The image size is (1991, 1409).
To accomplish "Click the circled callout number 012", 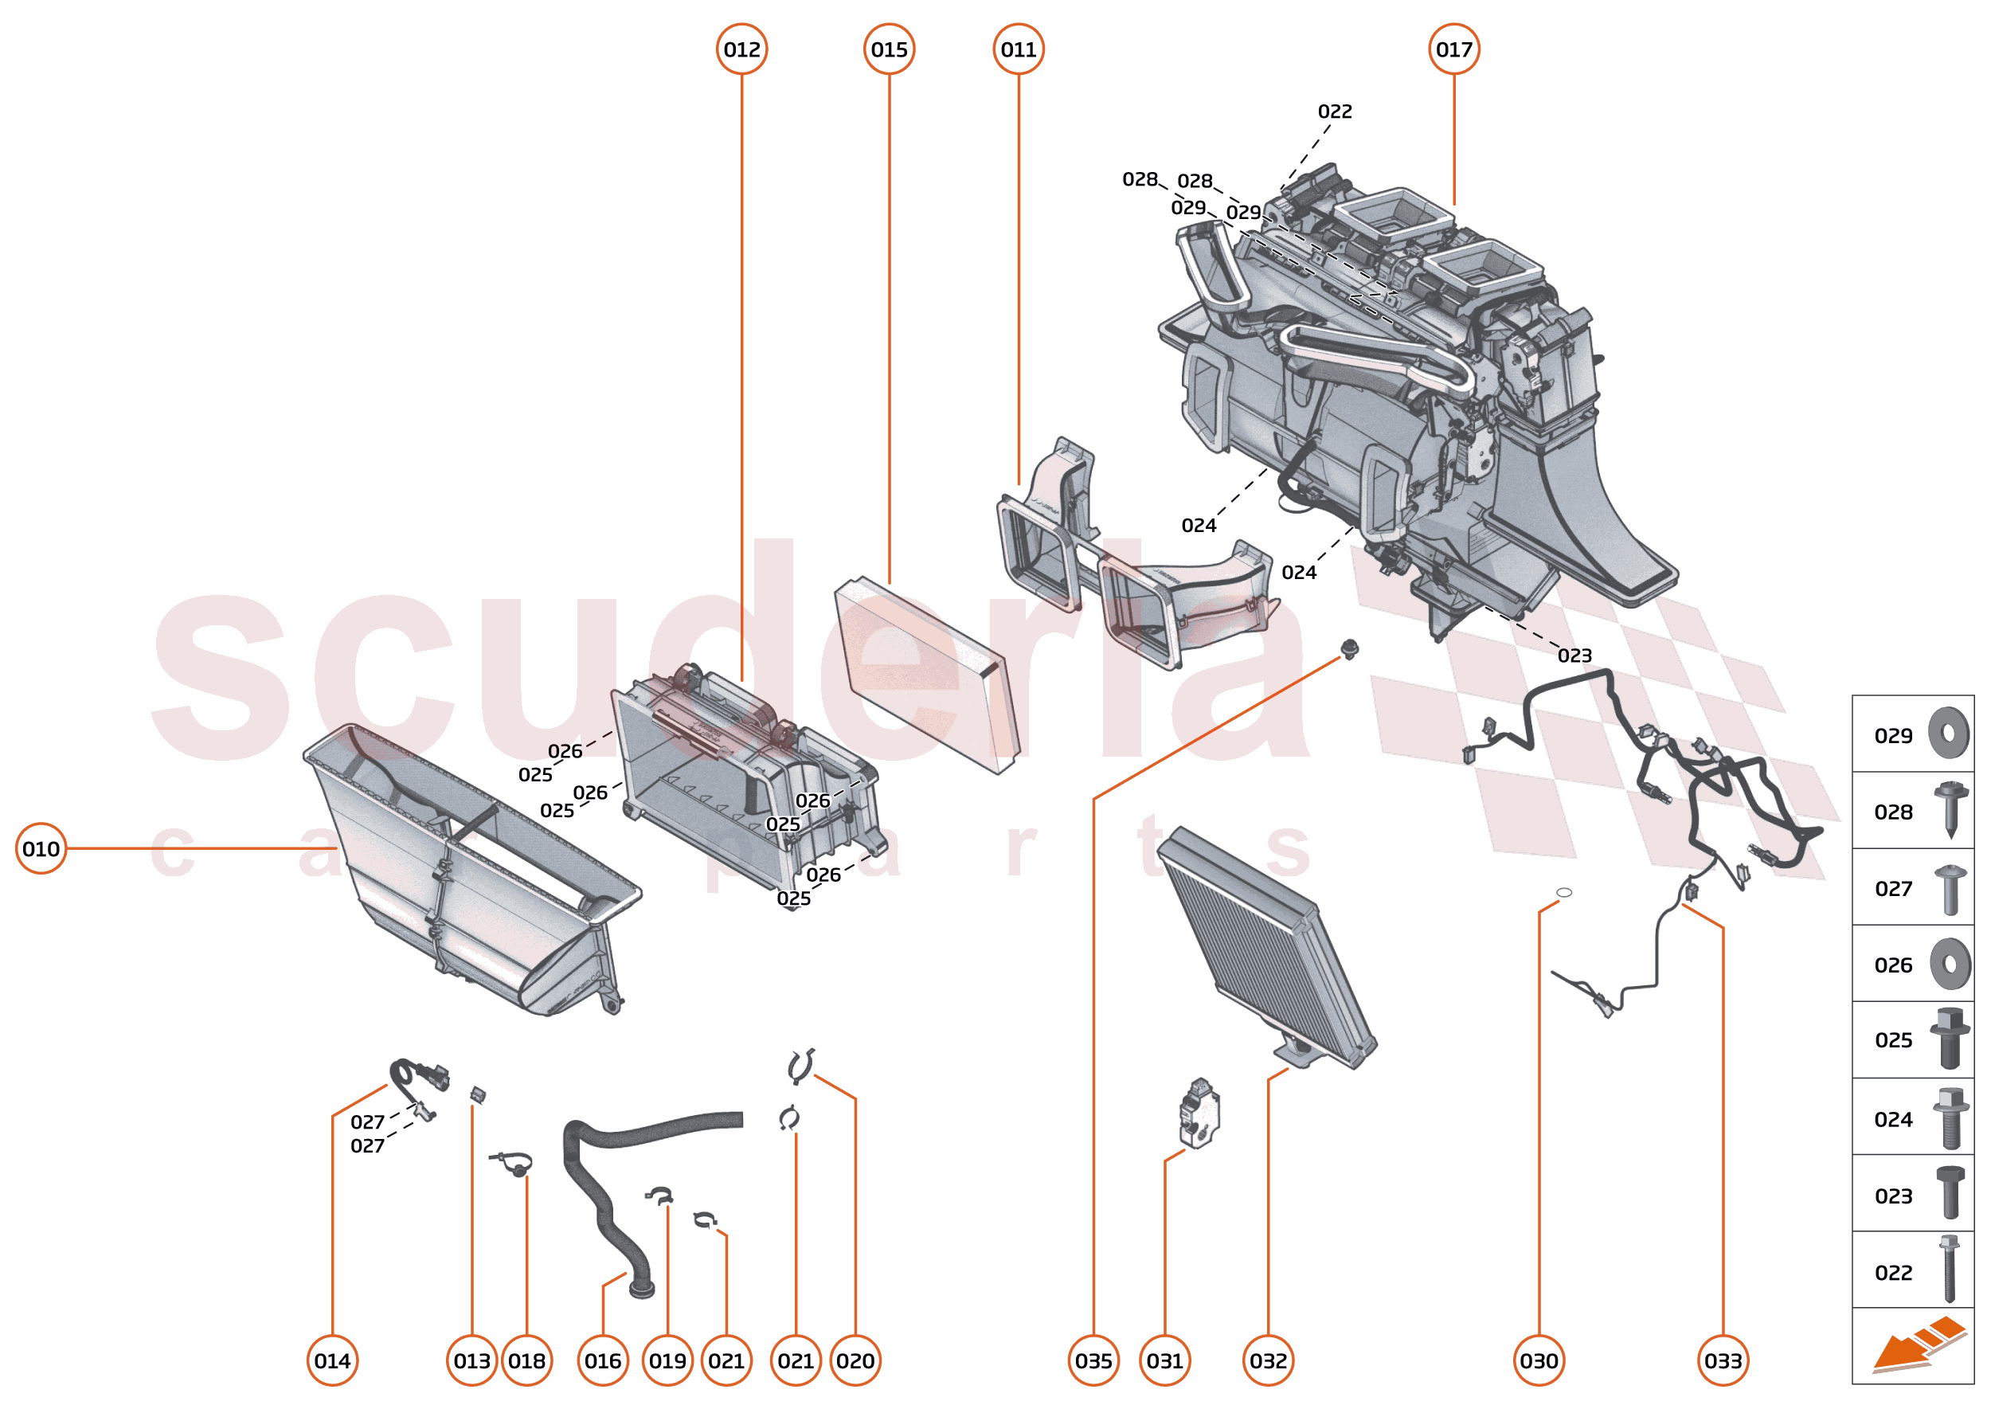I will (x=741, y=49).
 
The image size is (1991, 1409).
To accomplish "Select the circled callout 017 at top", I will (x=1453, y=49).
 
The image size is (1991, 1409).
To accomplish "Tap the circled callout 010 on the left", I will (x=41, y=847).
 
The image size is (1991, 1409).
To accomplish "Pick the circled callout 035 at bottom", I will (x=1093, y=1360).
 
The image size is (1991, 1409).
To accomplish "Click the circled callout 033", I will (x=1722, y=1360).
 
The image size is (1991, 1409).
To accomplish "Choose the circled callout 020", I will (x=855, y=1360).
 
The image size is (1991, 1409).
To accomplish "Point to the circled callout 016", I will (x=602, y=1360).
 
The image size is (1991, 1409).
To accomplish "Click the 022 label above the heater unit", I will (x=1334, y=111).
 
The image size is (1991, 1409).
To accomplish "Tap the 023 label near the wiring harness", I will (x=1574, y=655).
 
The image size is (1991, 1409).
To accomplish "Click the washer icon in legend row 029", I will (x=1949, y=733).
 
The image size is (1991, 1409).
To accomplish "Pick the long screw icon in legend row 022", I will (x=1949, y=1269).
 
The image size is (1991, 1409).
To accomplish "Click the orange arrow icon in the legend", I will (x=1917, y=1344).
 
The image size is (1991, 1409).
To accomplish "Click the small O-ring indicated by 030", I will (x=1563, y=892).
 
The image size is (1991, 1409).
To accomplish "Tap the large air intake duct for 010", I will (x=468, y=867).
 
